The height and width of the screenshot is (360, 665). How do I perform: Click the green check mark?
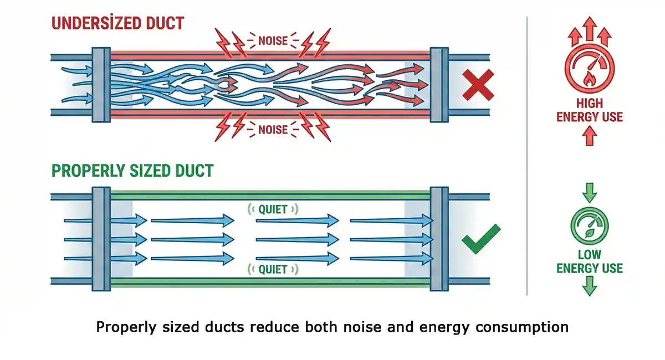tap(482, 239)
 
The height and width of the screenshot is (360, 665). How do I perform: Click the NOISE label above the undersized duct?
tap(273, 40)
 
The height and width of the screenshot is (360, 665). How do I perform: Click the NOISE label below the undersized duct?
tap(273, 130)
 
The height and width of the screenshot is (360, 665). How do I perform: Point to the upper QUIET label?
tap(273, 209)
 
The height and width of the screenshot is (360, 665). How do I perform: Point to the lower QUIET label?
tap(273, 269)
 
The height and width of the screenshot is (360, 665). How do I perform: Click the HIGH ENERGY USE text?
tap(590, 110)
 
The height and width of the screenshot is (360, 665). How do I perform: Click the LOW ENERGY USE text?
tap(590, 261)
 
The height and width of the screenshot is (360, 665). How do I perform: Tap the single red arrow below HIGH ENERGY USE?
tap(590, 135)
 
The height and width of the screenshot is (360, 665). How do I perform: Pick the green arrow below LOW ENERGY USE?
tap(590, 286)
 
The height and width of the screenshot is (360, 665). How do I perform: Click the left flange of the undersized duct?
tap(100, 84)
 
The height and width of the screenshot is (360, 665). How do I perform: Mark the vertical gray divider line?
tap(526, 155)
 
